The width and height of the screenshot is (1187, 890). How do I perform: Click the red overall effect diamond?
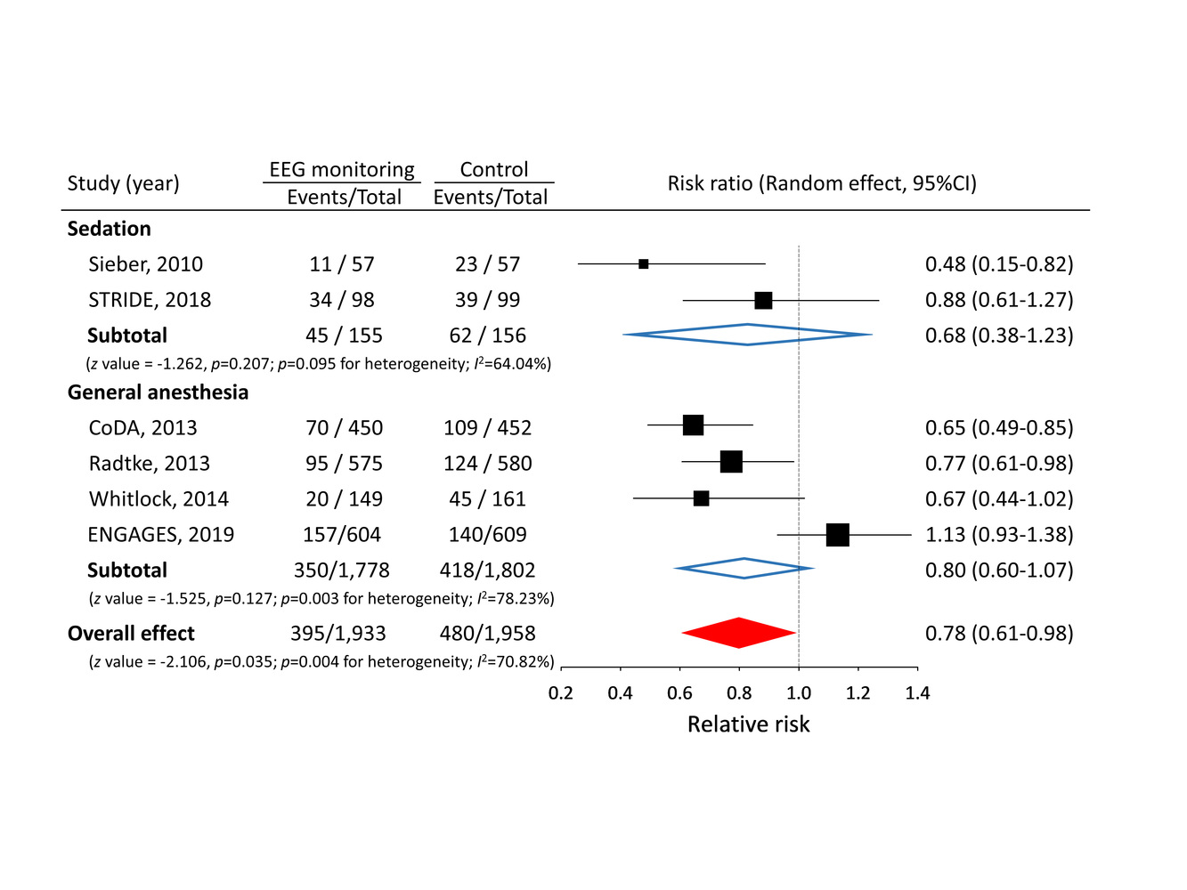click(738, 633)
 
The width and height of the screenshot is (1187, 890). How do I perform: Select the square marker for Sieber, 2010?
click(644, 264)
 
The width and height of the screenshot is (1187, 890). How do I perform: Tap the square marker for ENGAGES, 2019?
click(837, 535)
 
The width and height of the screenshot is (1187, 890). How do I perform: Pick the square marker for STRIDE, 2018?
click(763, 300)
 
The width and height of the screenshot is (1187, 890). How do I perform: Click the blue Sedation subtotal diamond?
click(747, 335)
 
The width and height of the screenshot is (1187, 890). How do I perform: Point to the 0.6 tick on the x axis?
click(680, 668)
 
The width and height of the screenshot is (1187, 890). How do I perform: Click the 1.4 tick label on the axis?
click(917, 693)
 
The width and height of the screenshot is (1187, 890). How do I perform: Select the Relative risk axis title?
click(748, 724)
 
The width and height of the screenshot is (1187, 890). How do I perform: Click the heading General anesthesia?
click(158, 392)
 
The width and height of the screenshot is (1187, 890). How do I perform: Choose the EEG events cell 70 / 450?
click(344, 428)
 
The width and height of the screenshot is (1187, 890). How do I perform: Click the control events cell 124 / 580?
click(487, 464)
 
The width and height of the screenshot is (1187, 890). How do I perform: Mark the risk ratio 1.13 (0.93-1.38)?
click(999, 535)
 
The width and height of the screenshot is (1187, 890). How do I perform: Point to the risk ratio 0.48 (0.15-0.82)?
click(999, 264)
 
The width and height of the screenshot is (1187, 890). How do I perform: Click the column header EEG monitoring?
click(342, 170)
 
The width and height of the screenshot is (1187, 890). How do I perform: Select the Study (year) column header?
click(123, 183)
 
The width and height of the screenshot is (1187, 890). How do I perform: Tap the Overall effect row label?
click(131, 634)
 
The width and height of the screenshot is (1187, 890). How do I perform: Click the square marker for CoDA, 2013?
click(693, 425)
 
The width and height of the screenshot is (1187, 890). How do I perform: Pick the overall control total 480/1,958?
click(487, 634)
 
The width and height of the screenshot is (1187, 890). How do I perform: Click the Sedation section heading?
click(109, 229)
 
